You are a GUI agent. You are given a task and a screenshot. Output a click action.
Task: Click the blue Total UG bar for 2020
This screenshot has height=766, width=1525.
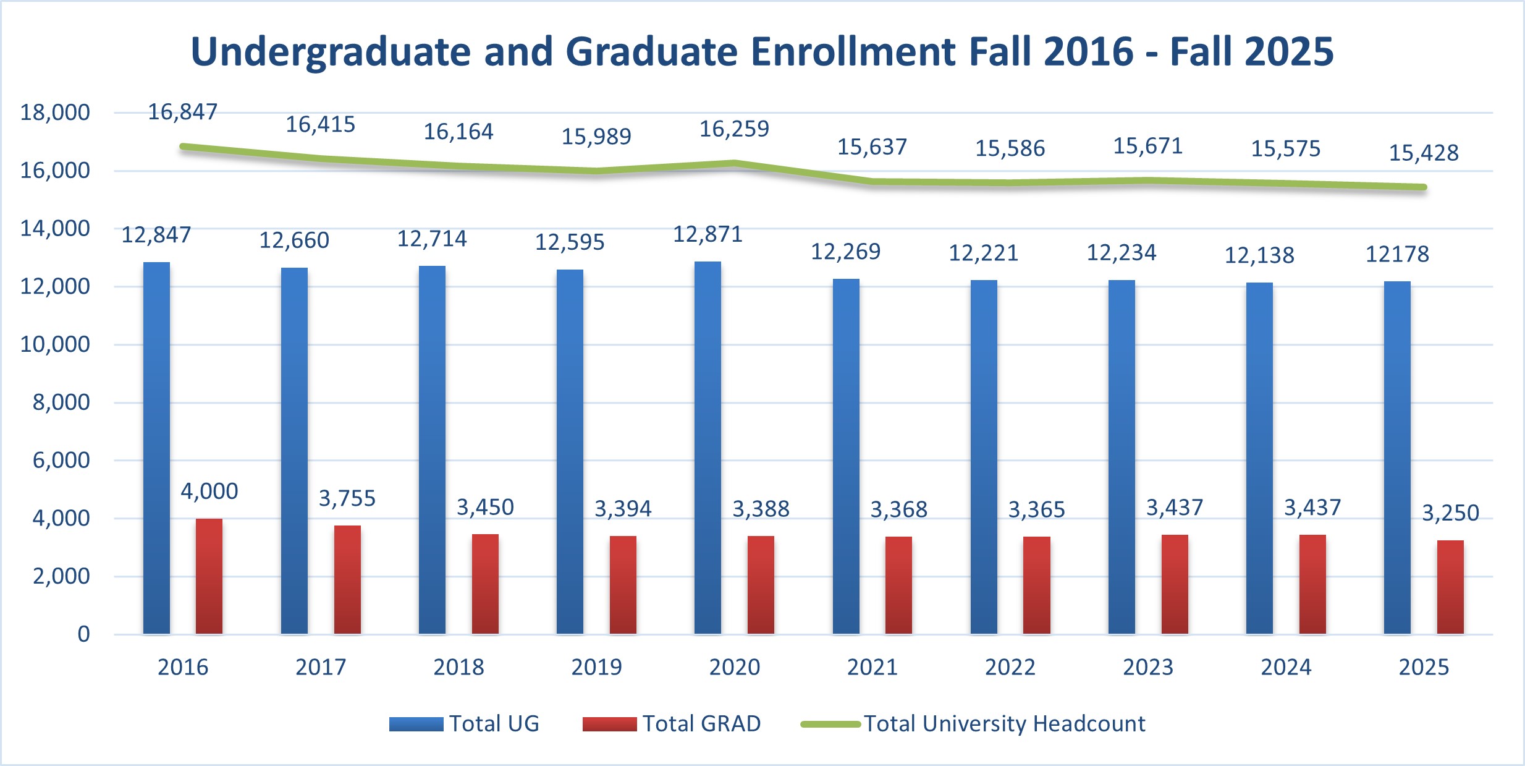(708, 448)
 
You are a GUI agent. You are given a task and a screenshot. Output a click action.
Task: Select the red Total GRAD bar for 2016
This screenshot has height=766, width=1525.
(209, 576)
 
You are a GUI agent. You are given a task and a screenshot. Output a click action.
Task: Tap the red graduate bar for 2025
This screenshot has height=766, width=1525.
(1450, 587)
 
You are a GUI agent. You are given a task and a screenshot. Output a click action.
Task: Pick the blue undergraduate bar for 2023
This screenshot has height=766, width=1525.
(1122, 457)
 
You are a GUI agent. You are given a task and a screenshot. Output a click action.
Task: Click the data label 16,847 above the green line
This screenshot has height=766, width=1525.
(182, 112)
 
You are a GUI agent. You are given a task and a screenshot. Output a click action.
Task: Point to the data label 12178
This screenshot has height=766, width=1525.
(1397, 254)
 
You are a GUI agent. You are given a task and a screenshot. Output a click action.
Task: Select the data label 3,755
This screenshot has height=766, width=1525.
(347, 498)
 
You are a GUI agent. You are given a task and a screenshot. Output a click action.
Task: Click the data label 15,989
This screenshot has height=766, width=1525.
(596, 137)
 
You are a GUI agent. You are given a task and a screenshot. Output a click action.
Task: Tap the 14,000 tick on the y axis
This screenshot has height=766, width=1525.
(55, 229)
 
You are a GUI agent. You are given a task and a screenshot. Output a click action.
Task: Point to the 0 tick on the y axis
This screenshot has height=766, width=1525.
(83, 634)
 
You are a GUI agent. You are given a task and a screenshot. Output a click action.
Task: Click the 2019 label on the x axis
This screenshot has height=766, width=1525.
(596, 667)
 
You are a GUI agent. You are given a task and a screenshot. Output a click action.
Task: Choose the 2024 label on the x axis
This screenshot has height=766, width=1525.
(1286, 667)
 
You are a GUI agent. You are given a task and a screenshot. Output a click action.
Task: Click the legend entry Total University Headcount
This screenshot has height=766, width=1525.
(1004, 724)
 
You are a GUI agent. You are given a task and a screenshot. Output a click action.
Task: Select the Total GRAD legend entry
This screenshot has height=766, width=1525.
(701, 724)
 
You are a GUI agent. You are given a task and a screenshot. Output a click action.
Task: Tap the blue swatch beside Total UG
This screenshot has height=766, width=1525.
(416, 724)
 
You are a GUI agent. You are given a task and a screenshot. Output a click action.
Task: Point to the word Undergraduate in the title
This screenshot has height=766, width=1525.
(331, 51)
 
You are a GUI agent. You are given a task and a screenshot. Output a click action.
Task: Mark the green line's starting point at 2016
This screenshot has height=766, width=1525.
(183, 147)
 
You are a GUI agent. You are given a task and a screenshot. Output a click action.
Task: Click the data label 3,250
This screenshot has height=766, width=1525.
(1450, 513)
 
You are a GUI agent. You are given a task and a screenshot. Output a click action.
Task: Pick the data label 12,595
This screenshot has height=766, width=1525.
(569, 242)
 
